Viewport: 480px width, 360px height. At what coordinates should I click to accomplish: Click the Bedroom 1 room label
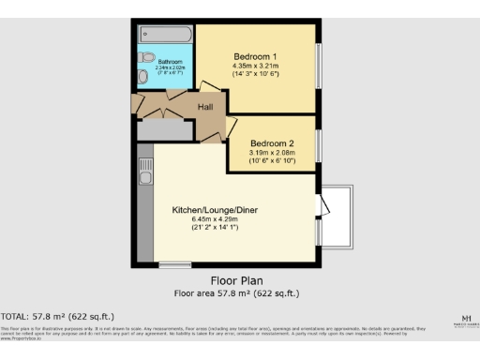tap(256, 55)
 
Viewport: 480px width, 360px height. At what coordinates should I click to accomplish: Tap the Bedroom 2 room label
tap(271, 143)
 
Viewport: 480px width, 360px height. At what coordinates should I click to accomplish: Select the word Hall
tap(204, 107)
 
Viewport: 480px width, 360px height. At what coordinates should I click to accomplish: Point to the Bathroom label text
tap(157, 62)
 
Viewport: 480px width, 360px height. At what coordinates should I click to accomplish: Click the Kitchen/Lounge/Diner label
tap(216, 209)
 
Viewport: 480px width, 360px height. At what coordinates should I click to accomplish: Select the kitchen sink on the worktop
tap(145, 172)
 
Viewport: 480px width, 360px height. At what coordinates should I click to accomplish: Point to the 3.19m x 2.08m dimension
tap(271, 153)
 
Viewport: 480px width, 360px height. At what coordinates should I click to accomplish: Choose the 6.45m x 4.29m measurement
tap(216, 218)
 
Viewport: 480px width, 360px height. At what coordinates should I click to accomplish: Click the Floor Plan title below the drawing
tap(236, 280)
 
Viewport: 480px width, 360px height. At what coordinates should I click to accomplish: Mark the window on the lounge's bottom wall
tap(173, 265)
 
